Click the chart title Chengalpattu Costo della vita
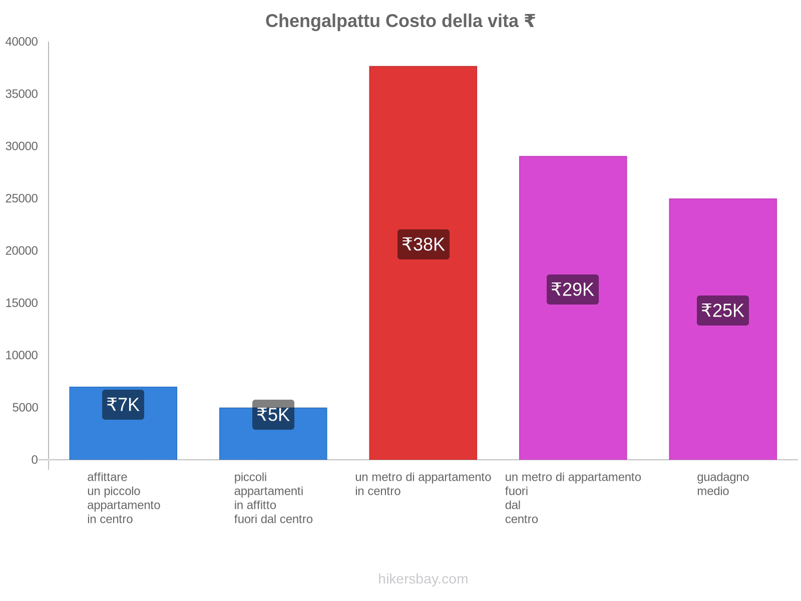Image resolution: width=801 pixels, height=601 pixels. tap(399, 21)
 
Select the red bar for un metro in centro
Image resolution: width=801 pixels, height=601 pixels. tap(423, 150)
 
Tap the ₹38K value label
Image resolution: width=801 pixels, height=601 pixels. tap(424, 244)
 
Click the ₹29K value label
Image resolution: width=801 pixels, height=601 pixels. tap(573, 289)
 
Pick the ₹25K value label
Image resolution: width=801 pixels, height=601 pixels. tap(723, 311)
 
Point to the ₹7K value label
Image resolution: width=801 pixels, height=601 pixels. tap(123, 405)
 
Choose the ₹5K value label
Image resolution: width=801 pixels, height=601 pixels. tap(273, 415)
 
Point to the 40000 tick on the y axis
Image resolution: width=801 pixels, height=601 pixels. tap(22, 42)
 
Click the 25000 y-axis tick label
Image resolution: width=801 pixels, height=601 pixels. tap(22, 199)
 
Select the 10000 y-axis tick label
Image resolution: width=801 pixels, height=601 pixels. tap(22, 356)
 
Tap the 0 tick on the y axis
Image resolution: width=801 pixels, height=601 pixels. tap(35, 460)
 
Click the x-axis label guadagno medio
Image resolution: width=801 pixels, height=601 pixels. tap(723, 484)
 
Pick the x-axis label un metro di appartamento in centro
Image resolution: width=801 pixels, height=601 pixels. tap(423, 484)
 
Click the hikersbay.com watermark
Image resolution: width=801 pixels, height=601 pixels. tap(423, 579)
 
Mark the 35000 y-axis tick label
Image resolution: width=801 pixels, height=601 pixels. tap(22, 94)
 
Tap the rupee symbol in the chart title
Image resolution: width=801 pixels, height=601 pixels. tap(530, 21)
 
